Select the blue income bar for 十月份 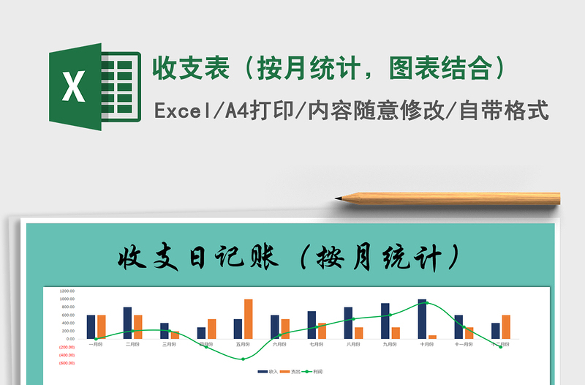[422, 319]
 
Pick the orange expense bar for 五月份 [249, 319]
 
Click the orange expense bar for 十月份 [433, 337]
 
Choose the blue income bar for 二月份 [127, 323]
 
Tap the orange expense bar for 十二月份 [506, 326]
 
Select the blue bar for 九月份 [385, 321]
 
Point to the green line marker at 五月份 [244, 359]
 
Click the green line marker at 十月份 [427, 303]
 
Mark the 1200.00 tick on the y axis [67, 291]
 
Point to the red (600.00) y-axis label [67, 363]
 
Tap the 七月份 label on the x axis [317, 344]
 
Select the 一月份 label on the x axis [96, 344]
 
